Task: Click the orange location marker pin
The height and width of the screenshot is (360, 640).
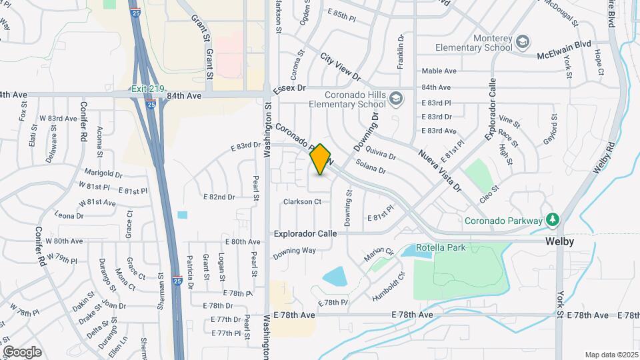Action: point(321,159)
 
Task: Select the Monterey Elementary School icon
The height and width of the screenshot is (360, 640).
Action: point(523,41)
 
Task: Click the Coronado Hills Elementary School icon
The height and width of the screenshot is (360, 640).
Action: point(396,99)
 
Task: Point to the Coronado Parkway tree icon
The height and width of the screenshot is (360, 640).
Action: point(551,219)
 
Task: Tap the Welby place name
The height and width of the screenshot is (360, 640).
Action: point(559,241)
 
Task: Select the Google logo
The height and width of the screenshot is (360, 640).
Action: point(22,351)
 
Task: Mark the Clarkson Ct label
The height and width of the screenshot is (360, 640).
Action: point(302,201)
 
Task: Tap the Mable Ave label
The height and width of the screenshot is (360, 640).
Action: point(439,71)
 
